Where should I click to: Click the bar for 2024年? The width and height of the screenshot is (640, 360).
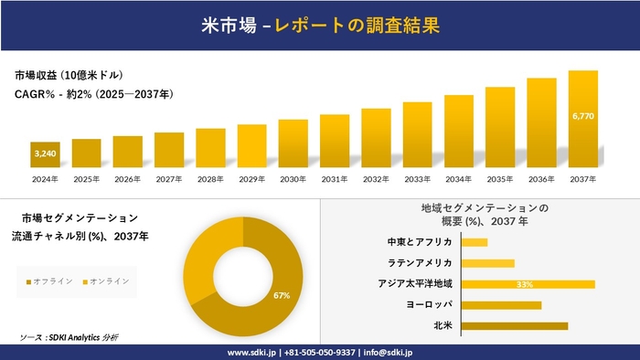(45, 155)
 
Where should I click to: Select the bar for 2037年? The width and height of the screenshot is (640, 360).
(582, 120)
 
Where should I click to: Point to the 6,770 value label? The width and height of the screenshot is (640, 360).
(582, 117)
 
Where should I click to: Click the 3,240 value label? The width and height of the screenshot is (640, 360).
(45, 154)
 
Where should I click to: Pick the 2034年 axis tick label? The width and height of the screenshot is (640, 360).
(458, 179)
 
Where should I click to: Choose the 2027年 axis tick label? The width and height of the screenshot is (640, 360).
(169, 179)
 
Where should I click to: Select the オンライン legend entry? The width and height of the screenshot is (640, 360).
(106, 281)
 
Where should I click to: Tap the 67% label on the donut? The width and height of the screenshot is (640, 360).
(282, 296)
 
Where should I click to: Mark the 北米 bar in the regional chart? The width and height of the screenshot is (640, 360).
(515, 325)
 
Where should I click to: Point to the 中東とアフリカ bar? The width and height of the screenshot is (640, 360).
(475, 242)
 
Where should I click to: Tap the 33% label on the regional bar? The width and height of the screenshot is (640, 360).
(525, 284)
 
